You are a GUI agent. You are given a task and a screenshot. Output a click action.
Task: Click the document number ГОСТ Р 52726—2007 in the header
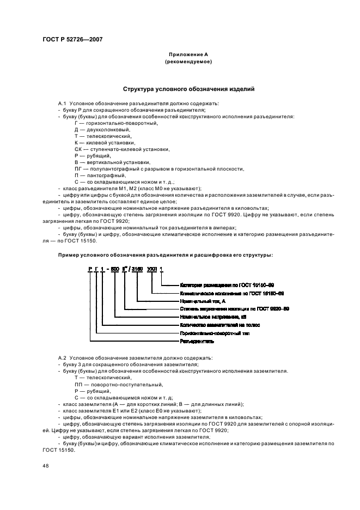tap(72, 39)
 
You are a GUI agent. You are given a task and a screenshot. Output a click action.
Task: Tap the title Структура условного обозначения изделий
tap(188, 89)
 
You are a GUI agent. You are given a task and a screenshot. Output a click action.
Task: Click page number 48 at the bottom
tap(45, 466)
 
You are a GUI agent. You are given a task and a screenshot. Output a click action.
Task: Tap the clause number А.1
tap(62, 104)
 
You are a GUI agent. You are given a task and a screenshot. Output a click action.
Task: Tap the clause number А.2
tap(62, 357)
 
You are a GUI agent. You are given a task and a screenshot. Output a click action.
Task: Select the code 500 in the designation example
tap(114, 269)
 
